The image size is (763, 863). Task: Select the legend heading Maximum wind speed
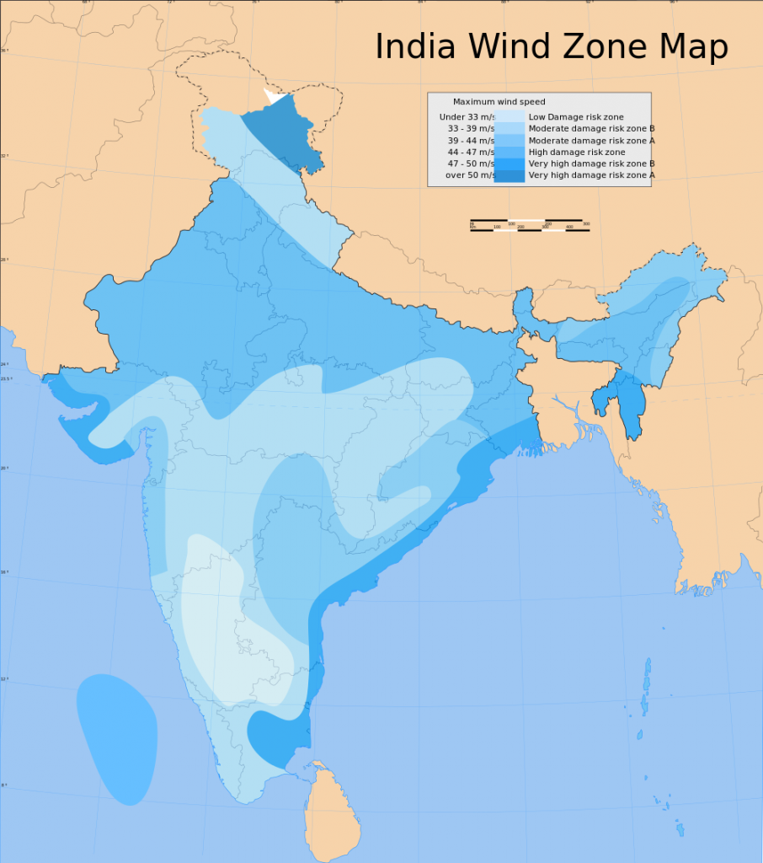click(x=499, y=102)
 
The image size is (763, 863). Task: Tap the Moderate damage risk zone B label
click(x=591, y=128)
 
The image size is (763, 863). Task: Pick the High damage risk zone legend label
click(x=576, y=152)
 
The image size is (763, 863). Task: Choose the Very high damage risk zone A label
click(x=591, y=175)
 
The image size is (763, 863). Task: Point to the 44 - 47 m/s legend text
click(x=470, y=152)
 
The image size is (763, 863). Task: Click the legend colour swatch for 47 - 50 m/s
click(x=510, y=163)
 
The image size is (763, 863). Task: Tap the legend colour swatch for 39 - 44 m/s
click(x=510, y=140)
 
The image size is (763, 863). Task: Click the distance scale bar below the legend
click(x=530, y=226)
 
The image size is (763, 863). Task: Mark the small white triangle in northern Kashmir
click(x=274, y=96)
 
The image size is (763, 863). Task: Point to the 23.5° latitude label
click(x=7, y=378)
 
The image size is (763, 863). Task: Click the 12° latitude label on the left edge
click(x=4, y=678)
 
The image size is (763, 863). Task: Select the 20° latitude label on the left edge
click(x=4, y=468)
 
